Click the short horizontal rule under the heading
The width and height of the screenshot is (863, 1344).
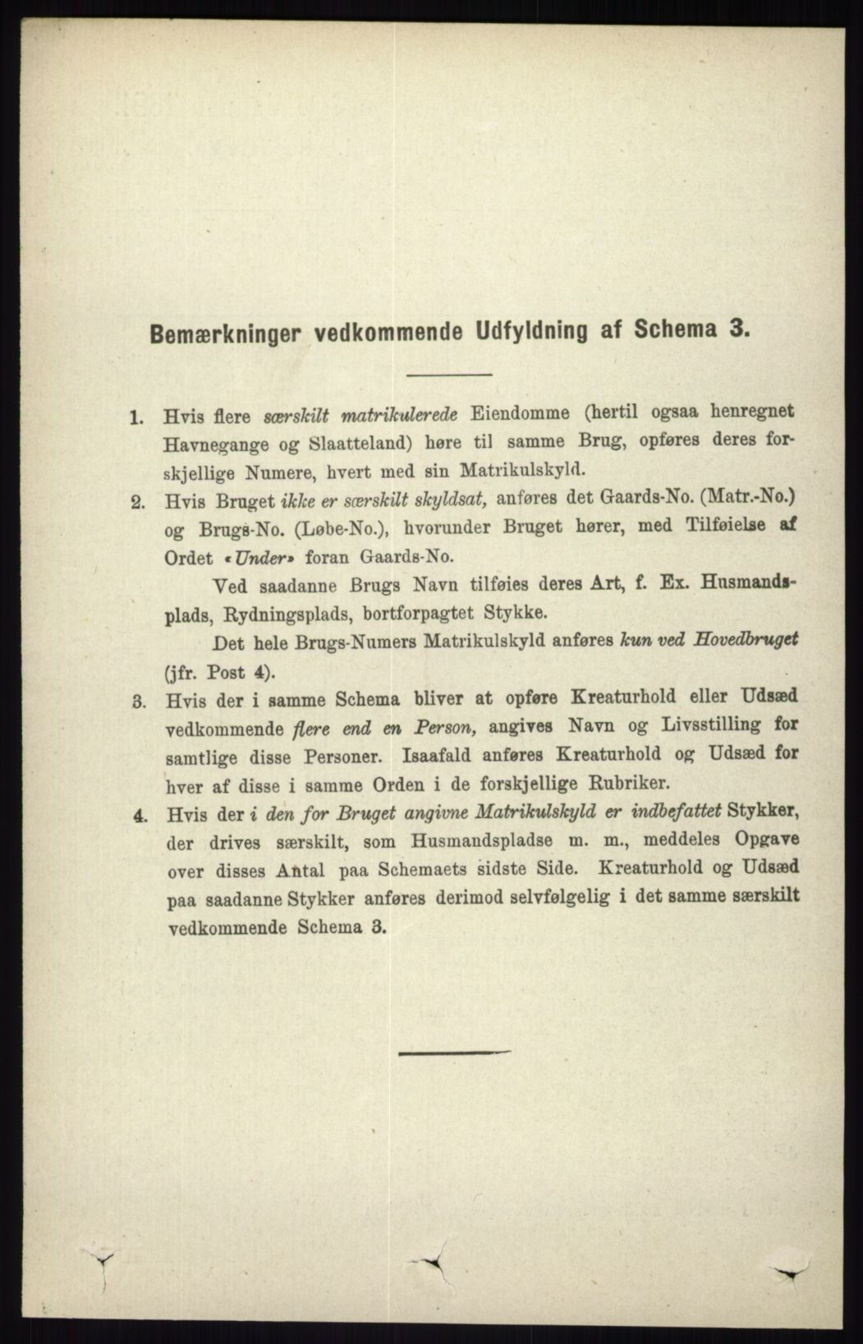click(x=448, y=375)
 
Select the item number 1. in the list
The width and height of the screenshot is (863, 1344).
click(x=136, y=417)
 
